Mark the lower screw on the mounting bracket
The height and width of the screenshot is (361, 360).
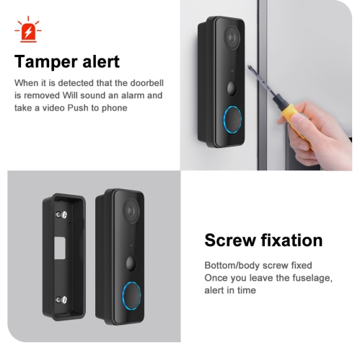coord(63,297)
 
